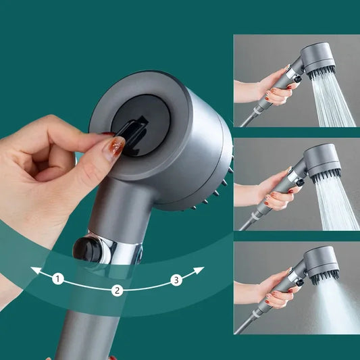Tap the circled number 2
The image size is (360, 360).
pos(117,290)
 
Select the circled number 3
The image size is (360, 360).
pos(176,280)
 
